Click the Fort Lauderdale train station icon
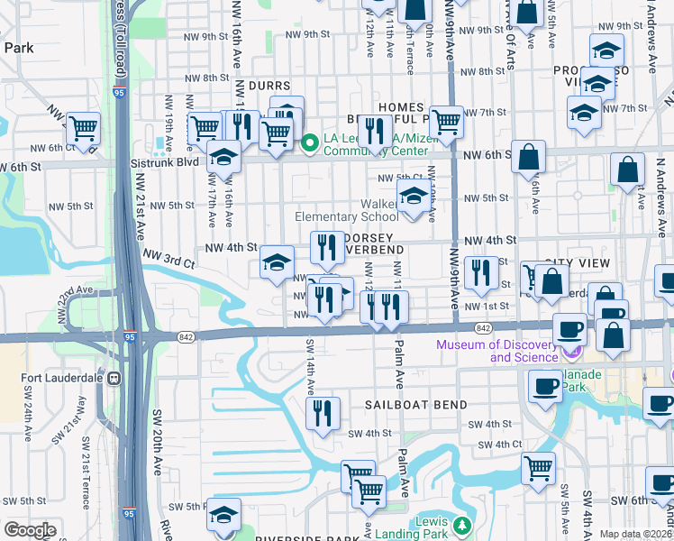[114, 379]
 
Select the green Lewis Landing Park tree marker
[461, 525]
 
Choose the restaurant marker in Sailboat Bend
[323, 413]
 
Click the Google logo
[31, 530]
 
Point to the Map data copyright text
[635, 534]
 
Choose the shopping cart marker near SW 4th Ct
[538, 467]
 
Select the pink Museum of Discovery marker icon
[569, 349]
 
